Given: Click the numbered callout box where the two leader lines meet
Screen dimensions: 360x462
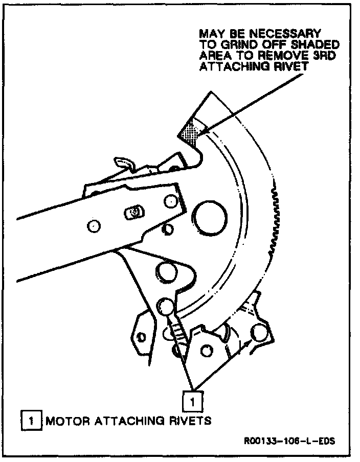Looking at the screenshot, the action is (x=192, y=400).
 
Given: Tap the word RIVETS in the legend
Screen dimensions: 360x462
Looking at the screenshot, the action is (x=192, y=422).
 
